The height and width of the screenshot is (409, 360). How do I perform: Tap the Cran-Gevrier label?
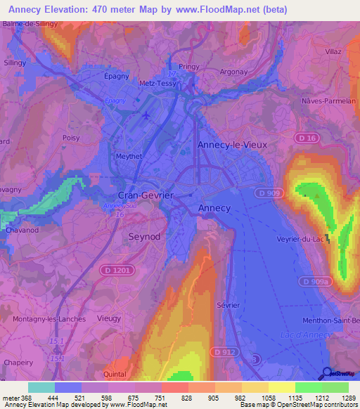pyautogui.click(x=145, y=195)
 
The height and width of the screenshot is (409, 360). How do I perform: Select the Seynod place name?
pyautogui.click(x=144, y=237)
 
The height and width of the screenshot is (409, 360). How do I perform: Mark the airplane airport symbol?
pyautogui.click(x=146, y=115)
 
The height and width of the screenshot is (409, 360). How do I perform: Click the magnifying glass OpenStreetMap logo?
pyautogui.click(x=326, y=374)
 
